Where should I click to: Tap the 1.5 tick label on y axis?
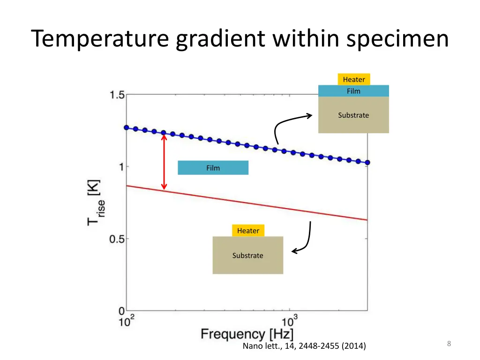pyautogui.click(x=117, y=95)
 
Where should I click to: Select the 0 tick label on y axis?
pyautogui.click(x=121, y=310)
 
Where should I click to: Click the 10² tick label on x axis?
pyautogui.click(x=126, y=322)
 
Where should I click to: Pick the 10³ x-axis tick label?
pyautogui.click(x=289, y=322)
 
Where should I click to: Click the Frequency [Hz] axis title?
pyautogui.click(x=247, y=334)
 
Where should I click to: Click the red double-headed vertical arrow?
pyautogui.click(x=164, y=162)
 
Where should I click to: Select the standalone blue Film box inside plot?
pyautogui.click(x=213, y=168)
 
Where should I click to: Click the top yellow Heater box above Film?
pyautogui.click(x=353, y=79)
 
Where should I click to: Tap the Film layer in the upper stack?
pyautogui.click(x=353, y=91)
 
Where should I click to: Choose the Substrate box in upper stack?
pyautogui.click(x=353, y=115)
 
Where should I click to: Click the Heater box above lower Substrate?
pyautogui.click(x=248, y=231)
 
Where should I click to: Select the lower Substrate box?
pyautogui.click(x=247, y=255)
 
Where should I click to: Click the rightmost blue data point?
pyautogui.click(x=367, y=163)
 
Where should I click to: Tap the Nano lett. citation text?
pyautogui.click(x=304, y=346)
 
